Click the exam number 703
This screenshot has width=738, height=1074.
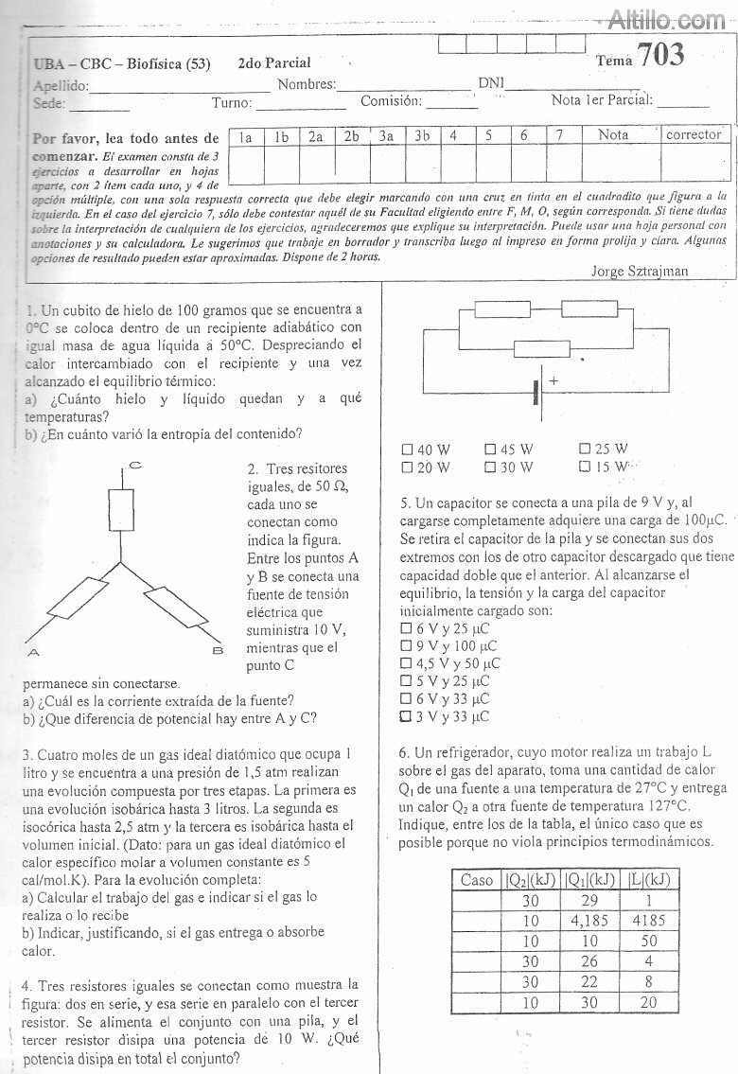click(x=660, y=56)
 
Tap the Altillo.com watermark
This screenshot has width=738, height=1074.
click(x=666, y=18)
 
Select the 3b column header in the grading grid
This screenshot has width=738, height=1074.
click(x=421, y=136)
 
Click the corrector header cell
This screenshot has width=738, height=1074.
click(x=693, y=135)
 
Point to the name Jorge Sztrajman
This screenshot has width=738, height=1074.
click(x=639, y=272)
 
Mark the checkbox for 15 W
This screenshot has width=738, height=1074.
click(x=584, y=467)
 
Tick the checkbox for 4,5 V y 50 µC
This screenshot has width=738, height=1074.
click(x=407, y=663)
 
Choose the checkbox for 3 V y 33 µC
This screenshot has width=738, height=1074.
click(x=407, y=716)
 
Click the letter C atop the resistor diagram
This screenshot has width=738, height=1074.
click(x=135, y=465)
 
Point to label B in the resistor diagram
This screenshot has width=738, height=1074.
click(x=216, y=651)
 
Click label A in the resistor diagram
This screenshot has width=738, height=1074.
click(x=32, y=652)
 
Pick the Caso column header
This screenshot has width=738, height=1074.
click(x=476, y=880)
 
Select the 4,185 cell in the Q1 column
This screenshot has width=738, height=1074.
click(x=588, y=919)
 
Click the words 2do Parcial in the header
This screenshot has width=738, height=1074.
click(x=274, y=63)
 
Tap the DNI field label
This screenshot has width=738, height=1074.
click(x=489, y=83)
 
